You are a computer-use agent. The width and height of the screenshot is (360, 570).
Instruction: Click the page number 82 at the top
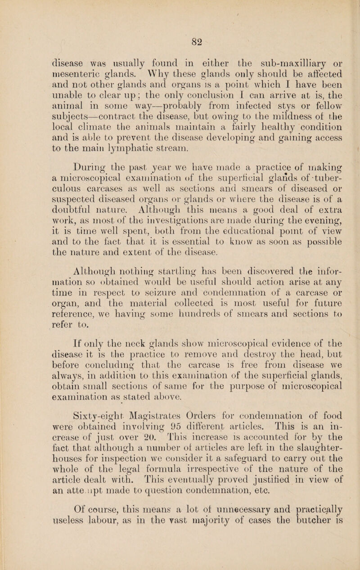181,40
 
